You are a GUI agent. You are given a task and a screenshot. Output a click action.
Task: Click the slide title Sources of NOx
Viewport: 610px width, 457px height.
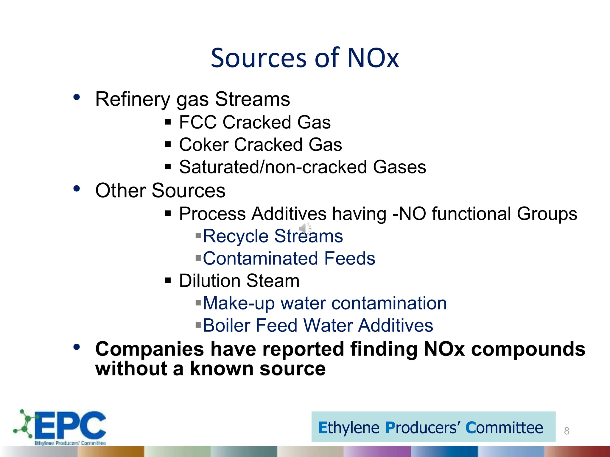305,58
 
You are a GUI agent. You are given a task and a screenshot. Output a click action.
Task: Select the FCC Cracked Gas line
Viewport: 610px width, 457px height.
255,122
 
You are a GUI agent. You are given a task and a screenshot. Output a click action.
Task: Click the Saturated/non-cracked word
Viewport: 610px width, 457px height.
273,167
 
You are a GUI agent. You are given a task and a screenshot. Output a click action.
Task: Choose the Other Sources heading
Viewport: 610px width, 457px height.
160,190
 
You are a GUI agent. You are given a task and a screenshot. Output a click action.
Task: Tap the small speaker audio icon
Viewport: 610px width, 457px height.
304,228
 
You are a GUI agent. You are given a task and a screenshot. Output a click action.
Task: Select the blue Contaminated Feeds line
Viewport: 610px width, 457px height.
289,258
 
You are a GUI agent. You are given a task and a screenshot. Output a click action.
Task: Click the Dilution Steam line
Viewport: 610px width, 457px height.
239,281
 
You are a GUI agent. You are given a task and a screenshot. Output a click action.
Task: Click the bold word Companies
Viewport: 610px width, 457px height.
150,349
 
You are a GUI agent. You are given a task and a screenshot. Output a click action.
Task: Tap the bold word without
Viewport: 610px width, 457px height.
131,369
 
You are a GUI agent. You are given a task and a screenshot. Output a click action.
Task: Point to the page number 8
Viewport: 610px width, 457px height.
567,431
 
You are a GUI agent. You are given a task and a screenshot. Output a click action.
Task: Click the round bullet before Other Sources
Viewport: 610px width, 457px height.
77,189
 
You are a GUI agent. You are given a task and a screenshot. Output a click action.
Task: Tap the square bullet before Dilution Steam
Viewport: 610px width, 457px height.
168,280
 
